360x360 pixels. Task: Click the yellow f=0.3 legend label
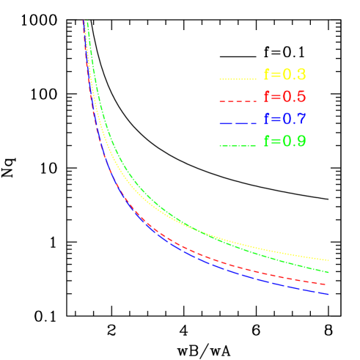tap(284, 75)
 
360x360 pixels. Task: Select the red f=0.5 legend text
tap(284, 97)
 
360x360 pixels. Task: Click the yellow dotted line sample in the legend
tap(238, 78)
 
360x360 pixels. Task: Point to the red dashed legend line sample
tap(238, 100)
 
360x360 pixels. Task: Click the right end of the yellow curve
tap(328, 260)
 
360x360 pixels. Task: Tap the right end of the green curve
tap(328, 272)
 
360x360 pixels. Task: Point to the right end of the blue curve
tap(327, 294)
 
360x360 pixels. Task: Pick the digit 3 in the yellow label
tap(301, 75)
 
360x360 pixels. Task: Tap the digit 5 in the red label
tap(301, 97)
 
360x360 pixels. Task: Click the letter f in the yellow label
tap(267, 75)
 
